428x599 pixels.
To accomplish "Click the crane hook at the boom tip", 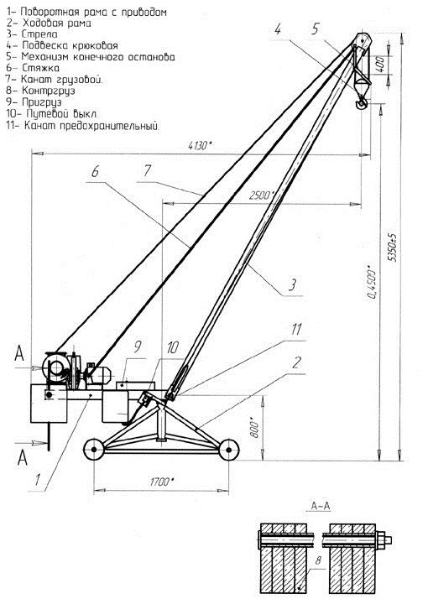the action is click(362, 103).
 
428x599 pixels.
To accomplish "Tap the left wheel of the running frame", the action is click(94, 450).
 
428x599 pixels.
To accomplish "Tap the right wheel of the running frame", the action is click(228, 450).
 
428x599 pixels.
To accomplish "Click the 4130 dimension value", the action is click(200, 145).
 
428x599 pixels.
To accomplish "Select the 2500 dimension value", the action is click(261, 195).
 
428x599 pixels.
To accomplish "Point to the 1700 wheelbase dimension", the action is click(162, 482).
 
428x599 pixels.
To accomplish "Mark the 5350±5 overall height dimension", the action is click(393, 247).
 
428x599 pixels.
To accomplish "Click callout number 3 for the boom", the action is click(292, 285).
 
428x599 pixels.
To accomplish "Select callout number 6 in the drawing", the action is click(95, 171).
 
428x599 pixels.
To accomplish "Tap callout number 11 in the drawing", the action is click(296, 330).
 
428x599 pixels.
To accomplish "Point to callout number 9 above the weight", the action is click(137, 346).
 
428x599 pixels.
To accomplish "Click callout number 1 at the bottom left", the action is click(38, 480).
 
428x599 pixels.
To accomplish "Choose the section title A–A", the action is click(321, 506).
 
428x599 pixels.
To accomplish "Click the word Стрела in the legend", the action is click(39, 34).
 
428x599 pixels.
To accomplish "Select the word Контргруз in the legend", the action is click(48, 91).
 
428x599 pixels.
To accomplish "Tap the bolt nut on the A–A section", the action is click(383, 540).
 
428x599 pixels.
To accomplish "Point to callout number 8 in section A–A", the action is click(317, 561).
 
